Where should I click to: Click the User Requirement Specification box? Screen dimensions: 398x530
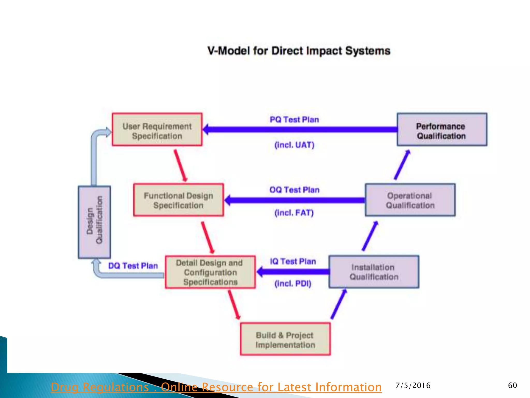click(157, 130)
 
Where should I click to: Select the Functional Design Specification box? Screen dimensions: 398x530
click(179, 200)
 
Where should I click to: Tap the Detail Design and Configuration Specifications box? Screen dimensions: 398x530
click(210, 272)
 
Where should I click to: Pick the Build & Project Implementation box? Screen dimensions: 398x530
click(285, 339)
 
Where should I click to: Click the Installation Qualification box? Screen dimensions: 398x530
click(374, 272)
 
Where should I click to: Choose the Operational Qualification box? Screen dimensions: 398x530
click(410, 200)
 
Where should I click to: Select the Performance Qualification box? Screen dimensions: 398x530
click(442, 130)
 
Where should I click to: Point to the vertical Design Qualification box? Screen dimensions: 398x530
click(94, 222)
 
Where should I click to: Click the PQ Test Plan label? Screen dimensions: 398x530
click(294, 120)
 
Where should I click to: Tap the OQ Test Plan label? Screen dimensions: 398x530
click(294, 190)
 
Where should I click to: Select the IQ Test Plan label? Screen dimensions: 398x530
click(293, 261)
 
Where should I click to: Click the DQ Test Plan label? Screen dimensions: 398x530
click(133, 266)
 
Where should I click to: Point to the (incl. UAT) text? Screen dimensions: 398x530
click(294, 145)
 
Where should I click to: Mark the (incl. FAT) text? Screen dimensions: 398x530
click(294, 213)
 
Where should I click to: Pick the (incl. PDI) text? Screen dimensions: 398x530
click(293, 284)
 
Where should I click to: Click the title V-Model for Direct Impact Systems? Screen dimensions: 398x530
click(299, 51)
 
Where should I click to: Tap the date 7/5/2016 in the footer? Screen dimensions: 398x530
click(413, 386)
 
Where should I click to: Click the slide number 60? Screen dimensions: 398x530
click(512, 386)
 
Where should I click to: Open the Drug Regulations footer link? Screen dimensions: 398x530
click(216, 387)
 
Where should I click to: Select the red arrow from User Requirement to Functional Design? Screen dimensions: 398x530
click(180, 165)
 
